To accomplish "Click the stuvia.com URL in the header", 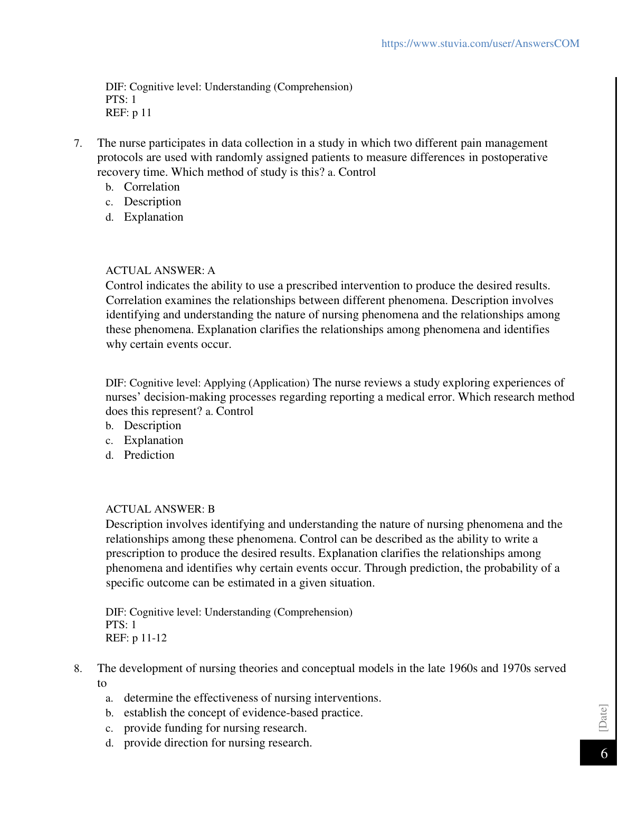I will [x=480, y=43].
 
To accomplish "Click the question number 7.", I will [x=78, y=144].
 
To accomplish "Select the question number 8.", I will [x=78, y=669].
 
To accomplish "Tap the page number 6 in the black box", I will [x=604, y=753].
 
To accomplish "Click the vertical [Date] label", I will [x=603, y=717].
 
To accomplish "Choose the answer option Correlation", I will [x=151, y=187].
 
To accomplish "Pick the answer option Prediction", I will [x=149, y=455].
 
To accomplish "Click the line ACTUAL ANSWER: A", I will [x=160, y=271].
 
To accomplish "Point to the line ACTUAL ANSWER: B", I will [x=160, y=509].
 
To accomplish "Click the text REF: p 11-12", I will [x=136, y=638].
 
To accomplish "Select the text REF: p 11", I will [x=128, y=112].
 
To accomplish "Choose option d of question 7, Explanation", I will [x=154, y=217].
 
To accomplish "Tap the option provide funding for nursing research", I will [x=215, y=728].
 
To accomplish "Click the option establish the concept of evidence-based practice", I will [x=243, y=713].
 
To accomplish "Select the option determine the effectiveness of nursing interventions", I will [x=252, y=698].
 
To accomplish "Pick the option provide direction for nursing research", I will [x=217, y=743].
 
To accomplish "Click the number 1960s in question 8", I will [x=463, y=668].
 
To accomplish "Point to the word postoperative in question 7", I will [x=515, y=157].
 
